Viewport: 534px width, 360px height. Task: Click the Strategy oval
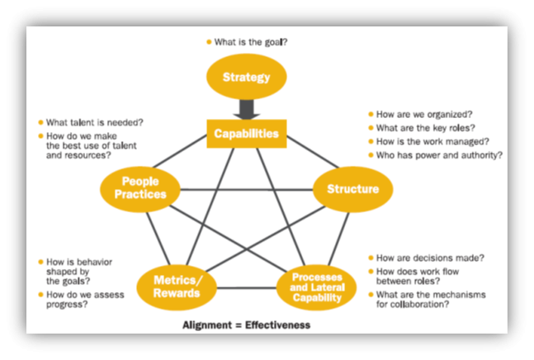tap(246, 78)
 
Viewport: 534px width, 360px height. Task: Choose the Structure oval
tap(352, 189)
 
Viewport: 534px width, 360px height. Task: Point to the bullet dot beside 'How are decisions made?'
tap(369, 258)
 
